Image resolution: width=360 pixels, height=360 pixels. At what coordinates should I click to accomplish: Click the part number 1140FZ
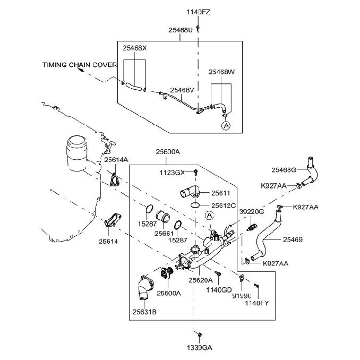(198, 12)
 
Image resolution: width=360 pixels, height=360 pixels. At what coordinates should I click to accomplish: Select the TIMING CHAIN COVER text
(80, 65)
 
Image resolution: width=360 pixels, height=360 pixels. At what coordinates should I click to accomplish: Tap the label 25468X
(134, 48)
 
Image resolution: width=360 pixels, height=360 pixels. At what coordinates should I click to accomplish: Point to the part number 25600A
(168, 152)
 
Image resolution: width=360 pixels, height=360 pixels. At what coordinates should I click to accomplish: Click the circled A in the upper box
(226, 126)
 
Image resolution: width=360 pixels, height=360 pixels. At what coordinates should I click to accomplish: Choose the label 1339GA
(200, 348)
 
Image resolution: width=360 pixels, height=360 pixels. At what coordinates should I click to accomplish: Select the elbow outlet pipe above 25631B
(145, 287)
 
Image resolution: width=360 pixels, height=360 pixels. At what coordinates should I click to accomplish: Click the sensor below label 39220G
(252, 227)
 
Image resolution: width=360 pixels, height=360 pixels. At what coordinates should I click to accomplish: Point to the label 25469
(293, 239)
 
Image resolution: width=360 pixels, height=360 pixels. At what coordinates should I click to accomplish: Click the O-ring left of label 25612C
(195, 205)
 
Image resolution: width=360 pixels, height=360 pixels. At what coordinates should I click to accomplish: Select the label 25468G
(284, 170)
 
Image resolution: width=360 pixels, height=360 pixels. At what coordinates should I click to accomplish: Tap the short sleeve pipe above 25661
(163, 217)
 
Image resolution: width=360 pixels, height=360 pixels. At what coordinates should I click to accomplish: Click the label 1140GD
(219, 290)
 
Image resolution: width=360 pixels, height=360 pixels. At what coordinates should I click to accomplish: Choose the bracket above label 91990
(241, 278)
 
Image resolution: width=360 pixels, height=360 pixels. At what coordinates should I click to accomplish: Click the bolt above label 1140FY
(256, 286)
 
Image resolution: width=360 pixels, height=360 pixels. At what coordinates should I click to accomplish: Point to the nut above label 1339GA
(200, 335)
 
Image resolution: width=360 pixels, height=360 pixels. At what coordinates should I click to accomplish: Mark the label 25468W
(221, 72)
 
